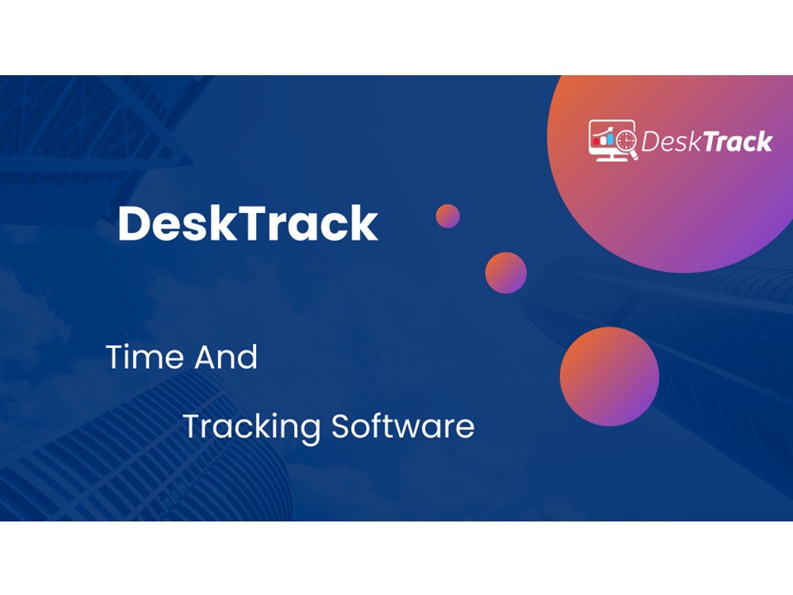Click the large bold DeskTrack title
pyautogui.click(x=248, y=224)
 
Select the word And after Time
pyautogui.click(x=226, y=357)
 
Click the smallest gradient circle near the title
pyautogui.click(x=448, y=216)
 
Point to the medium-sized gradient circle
pyautogui.click(x=506, y=273)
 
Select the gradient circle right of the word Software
pyautogui.click(x=610, y=376)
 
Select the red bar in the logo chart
pyautogui.click(x=597, y=142)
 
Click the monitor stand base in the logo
pyautogui.click(x=610, y=159)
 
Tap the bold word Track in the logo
pyautogui.click(x=737, y=142)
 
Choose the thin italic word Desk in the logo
pyautogui.click(x=670, y=142)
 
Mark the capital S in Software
pyautogui.click(x=340, y=426)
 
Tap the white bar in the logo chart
pyautogui.click(x=602, y=140)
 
